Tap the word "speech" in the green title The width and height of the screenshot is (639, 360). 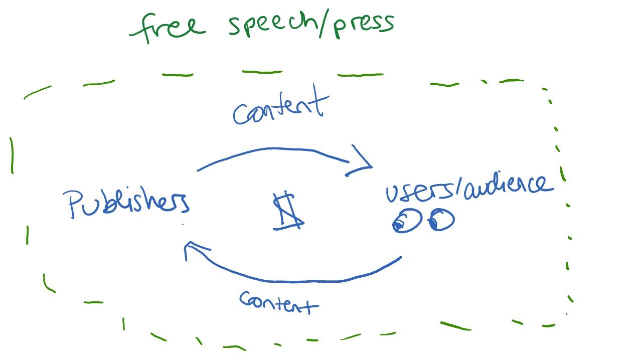(273, 25)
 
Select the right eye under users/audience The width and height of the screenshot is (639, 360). (441, 220)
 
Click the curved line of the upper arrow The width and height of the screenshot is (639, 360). (273, 149)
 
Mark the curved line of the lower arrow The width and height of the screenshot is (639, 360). (296, 281)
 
